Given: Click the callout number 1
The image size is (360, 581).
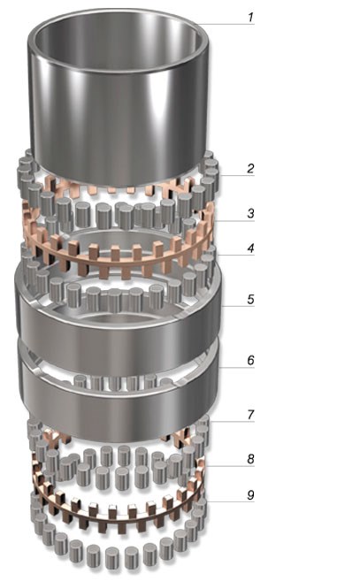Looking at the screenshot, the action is (x=250, y=17).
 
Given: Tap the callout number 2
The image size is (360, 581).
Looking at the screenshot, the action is (x=250, y=168).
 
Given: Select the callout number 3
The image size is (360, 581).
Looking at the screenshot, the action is (x=250, y=213).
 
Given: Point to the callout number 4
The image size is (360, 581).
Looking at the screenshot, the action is (x=250, y=248).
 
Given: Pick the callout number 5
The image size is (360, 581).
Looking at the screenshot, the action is (x=250, y=299).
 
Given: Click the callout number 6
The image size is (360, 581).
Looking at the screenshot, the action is (x=250, y=360).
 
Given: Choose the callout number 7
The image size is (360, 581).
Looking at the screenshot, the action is (x=250, y=415).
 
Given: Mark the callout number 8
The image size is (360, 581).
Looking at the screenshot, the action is (x=250, y=459).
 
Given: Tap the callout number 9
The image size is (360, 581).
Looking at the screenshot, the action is (x=250, y=494).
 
